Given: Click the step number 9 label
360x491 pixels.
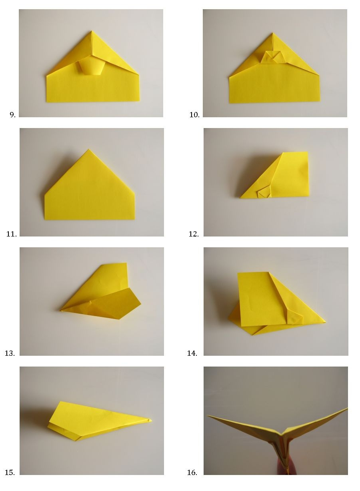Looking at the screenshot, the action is (x=13, y=114).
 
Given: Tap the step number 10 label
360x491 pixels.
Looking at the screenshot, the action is (x=194, y=114).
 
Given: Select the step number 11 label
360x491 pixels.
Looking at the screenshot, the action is (x=11, y=234).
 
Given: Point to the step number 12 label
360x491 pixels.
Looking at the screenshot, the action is (x=194, y=234).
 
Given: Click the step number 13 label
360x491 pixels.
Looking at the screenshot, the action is (x=10, y=353).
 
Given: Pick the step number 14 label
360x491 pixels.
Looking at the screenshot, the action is (x=192, y=353).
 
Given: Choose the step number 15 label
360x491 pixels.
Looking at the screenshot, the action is (x=10, y=472).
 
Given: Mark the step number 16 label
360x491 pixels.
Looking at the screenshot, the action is (x=192, y=472).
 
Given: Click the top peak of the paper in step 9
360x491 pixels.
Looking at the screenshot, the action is (x=91, y=31).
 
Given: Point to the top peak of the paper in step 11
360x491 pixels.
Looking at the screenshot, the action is (x=88, y=149).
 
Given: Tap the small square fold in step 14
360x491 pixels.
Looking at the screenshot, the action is (x=294, y=317).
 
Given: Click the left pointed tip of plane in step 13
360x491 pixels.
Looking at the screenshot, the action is (x=60, y=310).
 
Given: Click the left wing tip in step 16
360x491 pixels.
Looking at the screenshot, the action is (x=207, y=415).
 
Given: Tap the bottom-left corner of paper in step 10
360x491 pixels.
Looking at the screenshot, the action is (x=230, y=103).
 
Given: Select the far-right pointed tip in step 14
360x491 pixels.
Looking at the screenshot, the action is (x=325, y=322).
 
